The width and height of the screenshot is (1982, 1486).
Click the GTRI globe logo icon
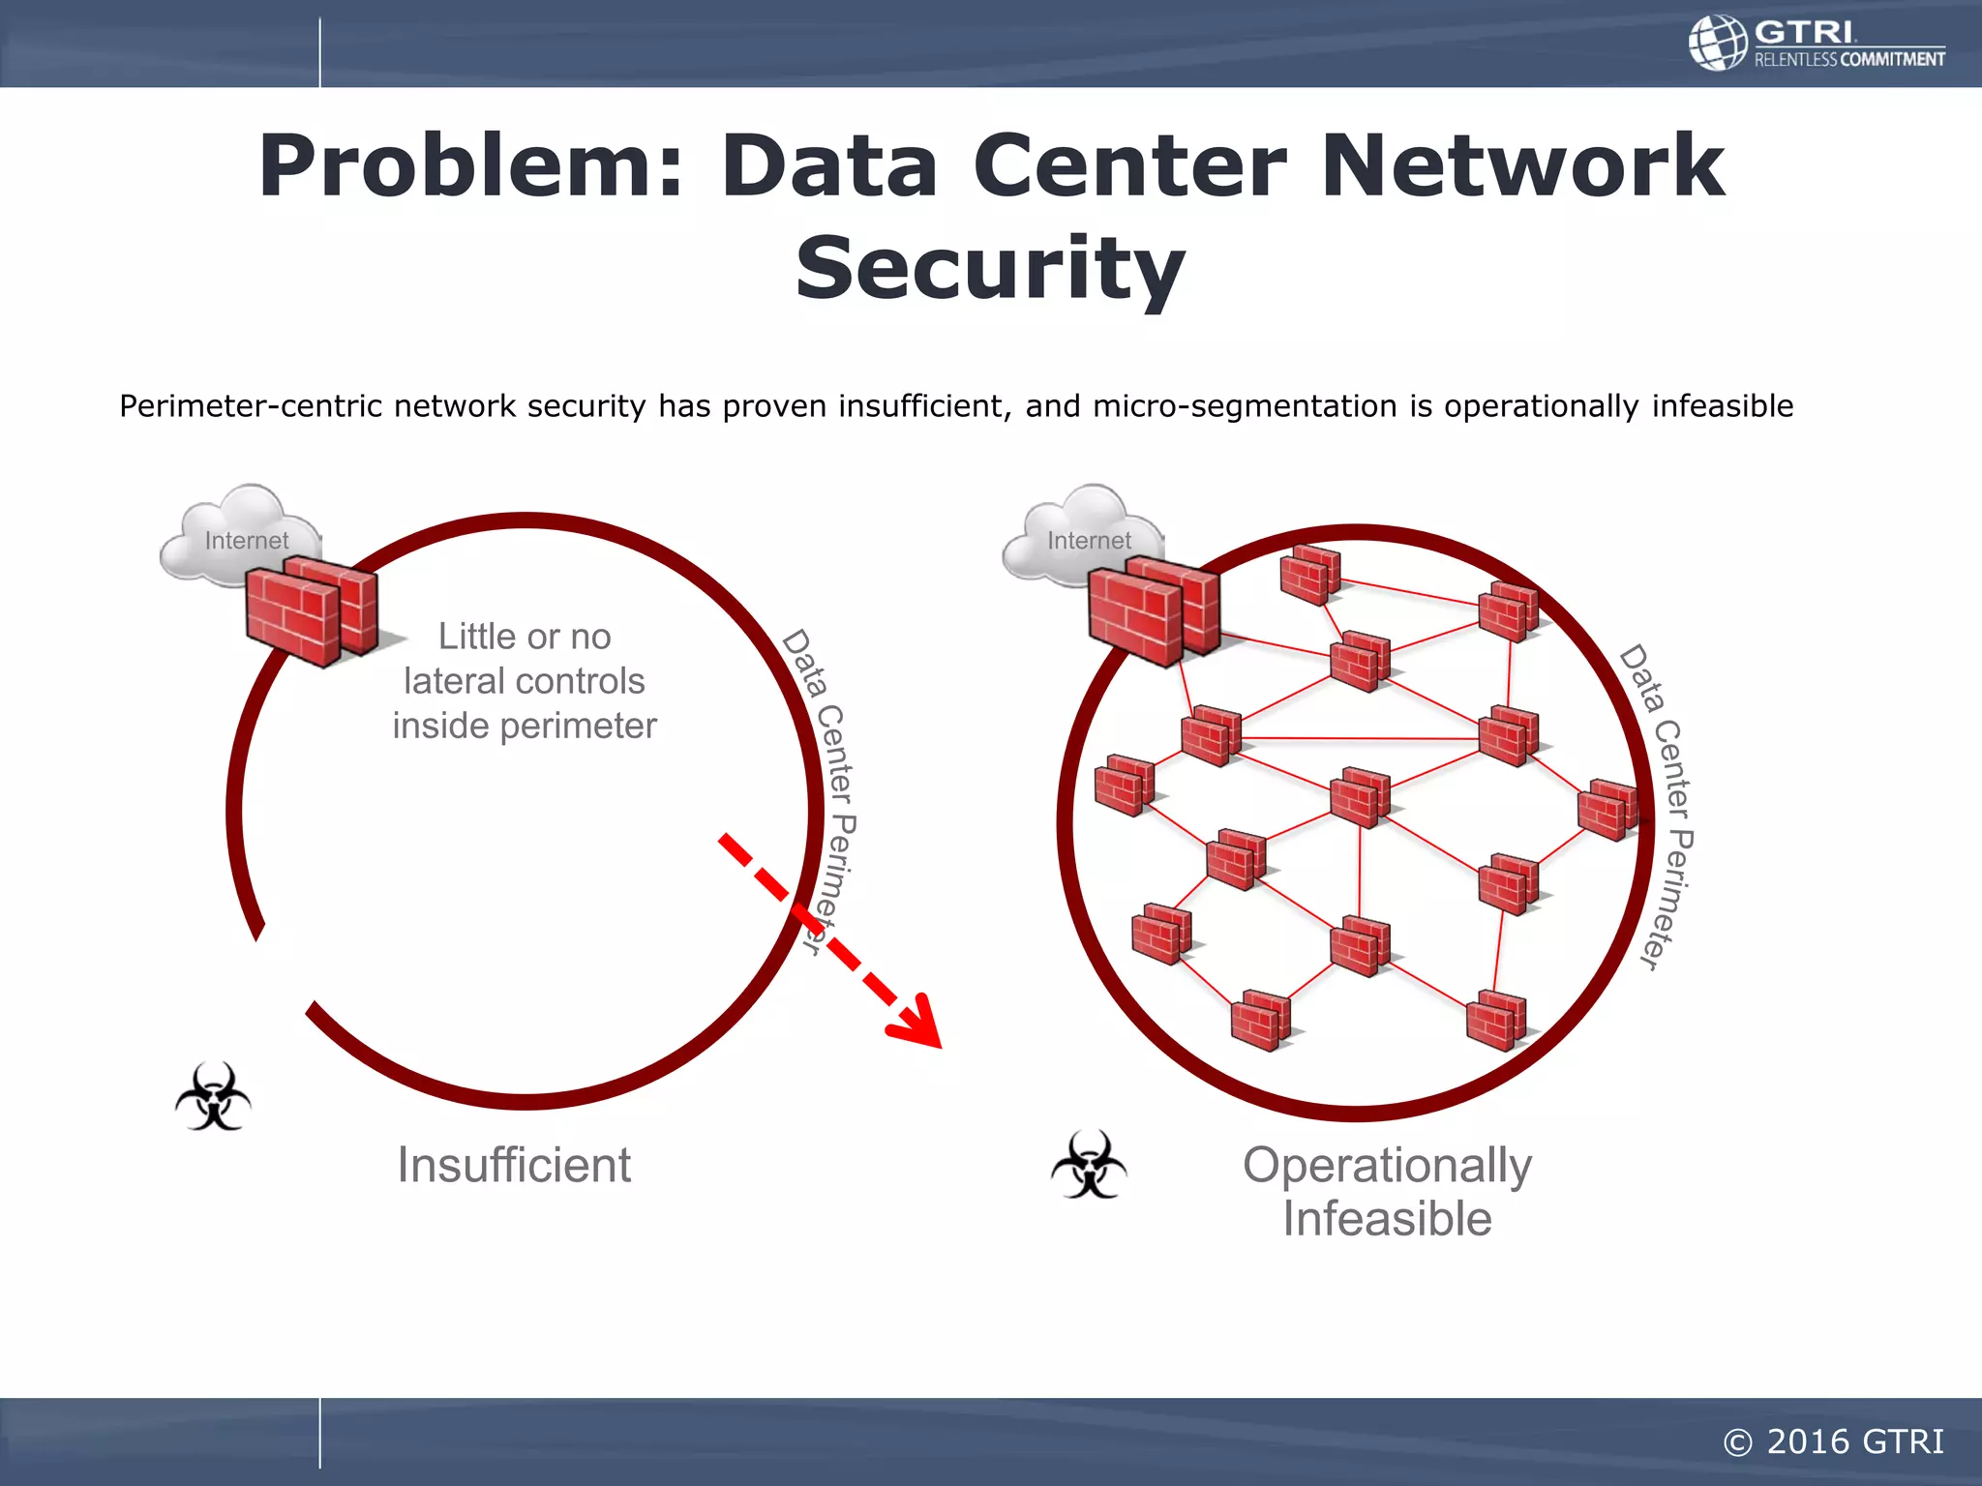click(1718, 43)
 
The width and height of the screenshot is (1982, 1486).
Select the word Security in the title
click(990, 268)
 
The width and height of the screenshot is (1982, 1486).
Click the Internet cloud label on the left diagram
click(246, 540)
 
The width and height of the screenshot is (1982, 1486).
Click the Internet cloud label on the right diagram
click(1089, 540)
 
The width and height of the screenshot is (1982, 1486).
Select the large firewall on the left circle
click(310, 611)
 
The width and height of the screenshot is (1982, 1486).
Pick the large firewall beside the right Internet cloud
click(1152, 611)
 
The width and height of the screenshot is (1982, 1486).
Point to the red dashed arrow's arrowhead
click(919, 1024)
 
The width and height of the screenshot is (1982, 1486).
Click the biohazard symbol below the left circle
click(213, 1097)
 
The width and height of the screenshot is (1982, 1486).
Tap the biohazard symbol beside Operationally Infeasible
click(1089, 1165)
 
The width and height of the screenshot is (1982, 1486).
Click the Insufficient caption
click(514, 1165)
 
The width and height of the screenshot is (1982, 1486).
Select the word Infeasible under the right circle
click(1387, 1219)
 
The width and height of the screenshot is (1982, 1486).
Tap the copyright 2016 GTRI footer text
click(1833, 1441)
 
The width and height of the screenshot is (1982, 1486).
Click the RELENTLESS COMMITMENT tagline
click(1848, 60)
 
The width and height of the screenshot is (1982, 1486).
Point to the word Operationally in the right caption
click(1387, 1165)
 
